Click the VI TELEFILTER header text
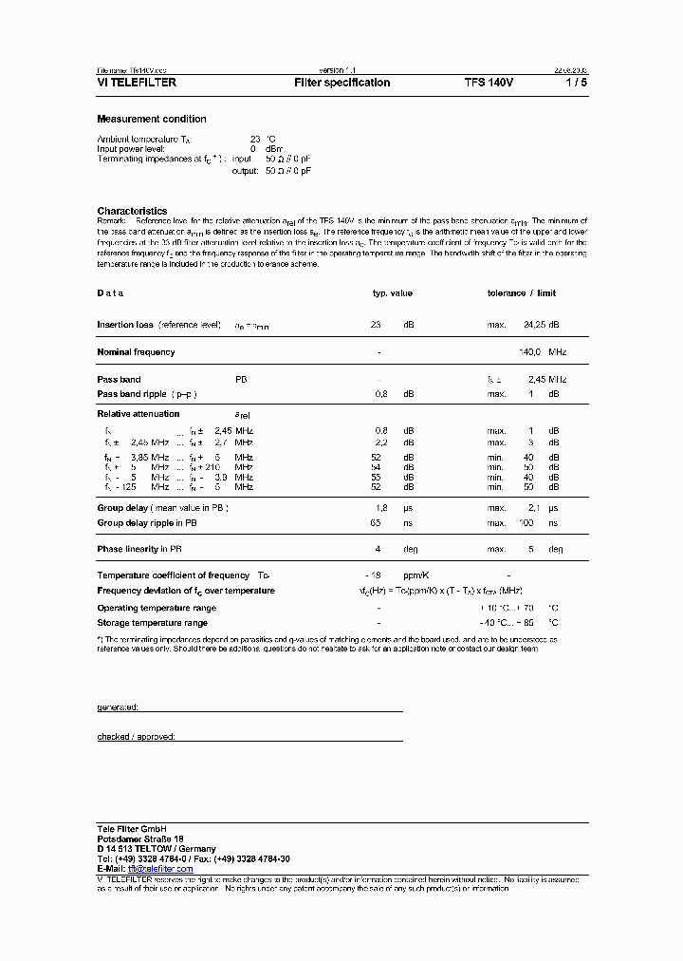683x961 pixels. [x=137, y=84]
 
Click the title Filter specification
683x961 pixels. [x=341, y=84]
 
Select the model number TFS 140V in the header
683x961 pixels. [x=489, y=84]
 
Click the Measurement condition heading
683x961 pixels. [x=152, y=120]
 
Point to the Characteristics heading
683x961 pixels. [x=132, y=211]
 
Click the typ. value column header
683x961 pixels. [x=392, y=293]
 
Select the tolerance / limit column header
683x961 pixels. [x=521, y=293]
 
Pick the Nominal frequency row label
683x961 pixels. [x=136, y=352]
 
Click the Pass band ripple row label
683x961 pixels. [x=134, y=393]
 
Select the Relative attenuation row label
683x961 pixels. [x=138, y=414]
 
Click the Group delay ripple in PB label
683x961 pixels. [x=147, y=523]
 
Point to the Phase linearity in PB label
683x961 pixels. [x=139, y=550]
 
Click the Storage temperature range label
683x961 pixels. [x=152, y=623]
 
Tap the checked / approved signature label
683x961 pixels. [x=136, y=737]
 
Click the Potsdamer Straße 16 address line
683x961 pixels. [x=140, y=839]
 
